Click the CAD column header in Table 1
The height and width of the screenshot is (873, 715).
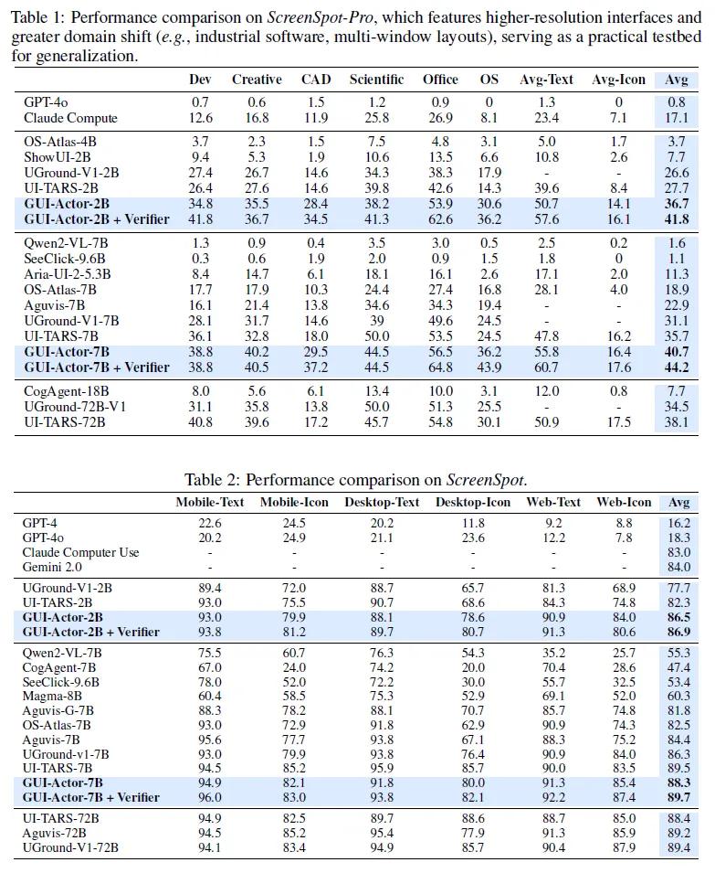[x=316, y=80]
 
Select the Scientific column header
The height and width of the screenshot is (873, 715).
[x=376, y=80]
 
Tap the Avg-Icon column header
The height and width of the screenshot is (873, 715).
[x=618, y=80]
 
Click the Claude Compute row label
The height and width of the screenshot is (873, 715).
[x=70, y=118]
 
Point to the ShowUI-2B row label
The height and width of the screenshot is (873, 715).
[x=58, y=157]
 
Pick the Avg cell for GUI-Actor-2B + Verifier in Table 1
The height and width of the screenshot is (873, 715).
[x=676, y=219]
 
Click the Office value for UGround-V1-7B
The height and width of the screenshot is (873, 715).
[x=440, y=321]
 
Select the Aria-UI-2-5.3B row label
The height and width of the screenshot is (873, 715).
[x=68, y=274]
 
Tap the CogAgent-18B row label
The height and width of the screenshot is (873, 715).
[x=66, y=391]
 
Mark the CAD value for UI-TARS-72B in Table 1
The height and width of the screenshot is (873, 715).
[x=316, y=422]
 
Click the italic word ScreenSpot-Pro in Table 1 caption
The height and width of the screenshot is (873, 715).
[x=321, y=17]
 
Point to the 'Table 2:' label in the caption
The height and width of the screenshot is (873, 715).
[x=213, y=480]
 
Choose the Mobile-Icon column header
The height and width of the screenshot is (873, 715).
[x=294, y=502]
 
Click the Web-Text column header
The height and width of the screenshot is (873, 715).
[x=553, y=502]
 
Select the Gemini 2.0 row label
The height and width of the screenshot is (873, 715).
[x=52, y=568]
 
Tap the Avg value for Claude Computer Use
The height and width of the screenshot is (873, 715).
[x=678, y=552]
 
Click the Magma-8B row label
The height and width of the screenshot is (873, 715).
[x=52, y=696]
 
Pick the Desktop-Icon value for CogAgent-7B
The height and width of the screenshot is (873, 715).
[x=473, y=667]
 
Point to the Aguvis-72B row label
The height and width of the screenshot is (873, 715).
[x=54, y=833]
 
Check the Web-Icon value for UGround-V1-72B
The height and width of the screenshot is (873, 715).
[x=624, y=847]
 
